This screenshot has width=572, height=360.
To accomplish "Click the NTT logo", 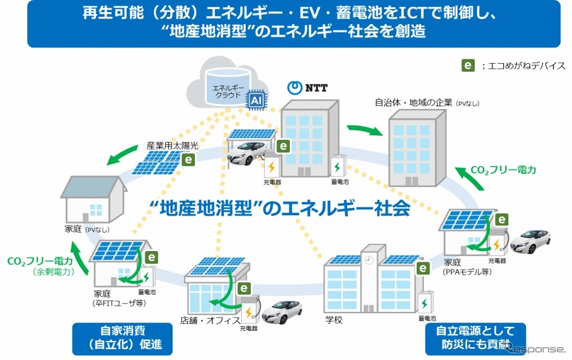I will [x=307, y=88].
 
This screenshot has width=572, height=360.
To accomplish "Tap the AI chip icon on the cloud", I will [x=256, y=100].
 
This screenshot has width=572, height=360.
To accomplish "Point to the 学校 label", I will [x=333, y=320].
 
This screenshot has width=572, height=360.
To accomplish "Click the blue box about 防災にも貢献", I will [x=474, y=338].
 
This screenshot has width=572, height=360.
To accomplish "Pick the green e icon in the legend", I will [x=468, y=65].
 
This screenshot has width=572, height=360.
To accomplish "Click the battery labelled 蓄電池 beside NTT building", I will [x=338, y=165].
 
